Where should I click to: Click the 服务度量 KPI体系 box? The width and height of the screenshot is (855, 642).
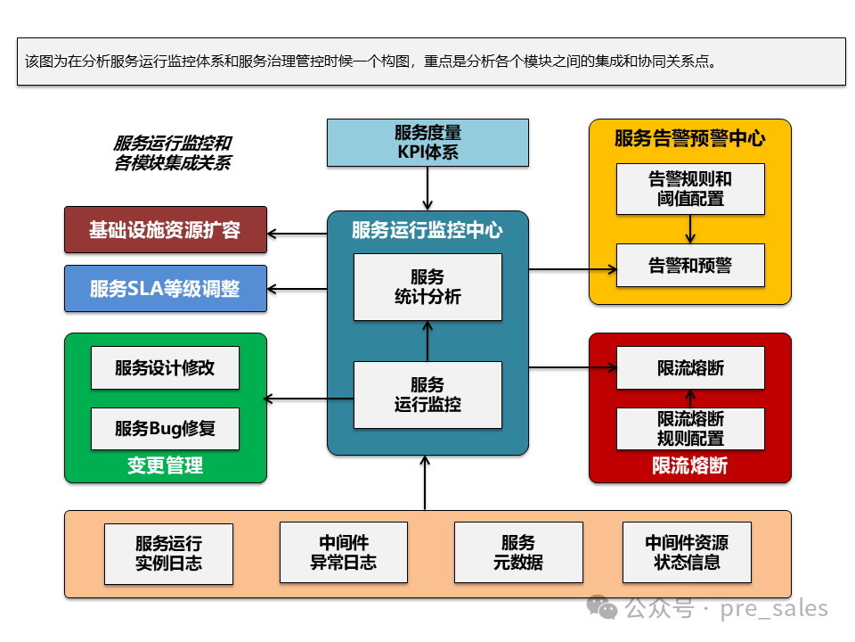(x=427, y=143)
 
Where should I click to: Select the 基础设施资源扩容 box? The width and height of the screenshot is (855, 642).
(x=166, y=230)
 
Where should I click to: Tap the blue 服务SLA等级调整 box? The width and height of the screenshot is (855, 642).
(x=166, y=288)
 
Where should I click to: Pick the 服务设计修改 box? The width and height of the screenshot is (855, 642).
(x=166, y=367)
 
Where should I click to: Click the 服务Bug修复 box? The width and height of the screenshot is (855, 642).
(x=166, y=428)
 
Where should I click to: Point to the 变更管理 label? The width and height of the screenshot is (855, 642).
(x=166, y=465)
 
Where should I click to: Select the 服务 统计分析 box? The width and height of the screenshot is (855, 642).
(x=427, y=287)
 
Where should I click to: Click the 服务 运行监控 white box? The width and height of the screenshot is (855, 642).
(x=427, y=394)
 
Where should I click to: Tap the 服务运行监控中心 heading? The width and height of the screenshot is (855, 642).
(x=427, y=231)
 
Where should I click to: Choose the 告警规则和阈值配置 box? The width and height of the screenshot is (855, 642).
(x=690, y=188)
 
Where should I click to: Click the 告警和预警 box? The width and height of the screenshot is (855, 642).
(x=690, y=265)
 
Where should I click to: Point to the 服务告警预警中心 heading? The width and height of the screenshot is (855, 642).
(x=690, y=138)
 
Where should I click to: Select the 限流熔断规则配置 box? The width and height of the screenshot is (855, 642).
(x=690, y=429)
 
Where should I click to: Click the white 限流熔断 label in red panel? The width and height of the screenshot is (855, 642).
(x=690, y=465)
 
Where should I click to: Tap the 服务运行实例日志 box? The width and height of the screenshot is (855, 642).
(x=168, y=553)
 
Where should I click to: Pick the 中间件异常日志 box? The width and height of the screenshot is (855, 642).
(x=344, y=553)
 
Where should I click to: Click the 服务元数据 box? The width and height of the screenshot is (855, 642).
(x=518, y=553)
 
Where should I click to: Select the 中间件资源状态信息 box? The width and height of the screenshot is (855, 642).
(x=687, y=553)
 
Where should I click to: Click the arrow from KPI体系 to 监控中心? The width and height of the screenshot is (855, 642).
(x=427, y=188)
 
